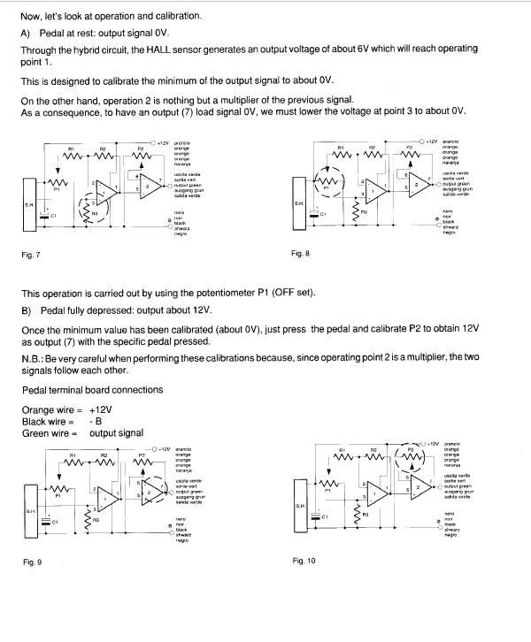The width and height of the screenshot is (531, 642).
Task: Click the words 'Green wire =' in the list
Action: pos(50,432)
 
